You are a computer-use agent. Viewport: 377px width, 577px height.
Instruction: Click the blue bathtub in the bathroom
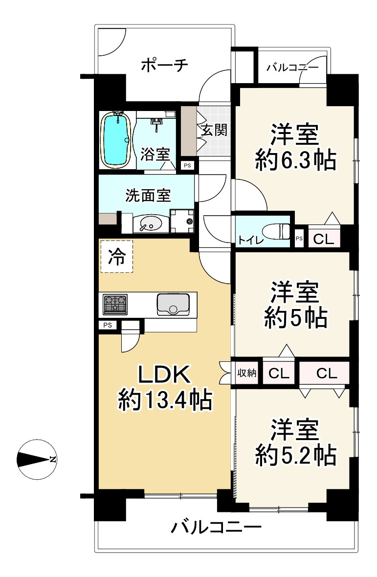coord(116,140)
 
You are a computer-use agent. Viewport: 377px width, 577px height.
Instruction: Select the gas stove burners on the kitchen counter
coord(115,304)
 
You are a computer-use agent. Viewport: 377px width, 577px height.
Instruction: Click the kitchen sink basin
coord(173,304)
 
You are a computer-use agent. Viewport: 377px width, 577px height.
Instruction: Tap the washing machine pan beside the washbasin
coord(182,221)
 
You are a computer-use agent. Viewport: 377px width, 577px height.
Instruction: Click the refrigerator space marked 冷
coord(116,257)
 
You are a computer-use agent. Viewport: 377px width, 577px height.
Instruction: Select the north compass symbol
coord(37,459)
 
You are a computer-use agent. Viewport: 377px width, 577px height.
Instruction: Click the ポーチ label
coord(164,66)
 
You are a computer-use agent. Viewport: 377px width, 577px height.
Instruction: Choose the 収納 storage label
coord(246,373)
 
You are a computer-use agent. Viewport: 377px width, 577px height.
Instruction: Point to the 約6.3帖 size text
coord(295,160)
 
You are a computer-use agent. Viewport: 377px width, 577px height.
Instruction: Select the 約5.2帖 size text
coord(295,455)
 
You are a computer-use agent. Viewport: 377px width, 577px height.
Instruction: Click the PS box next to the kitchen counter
coord(108,325)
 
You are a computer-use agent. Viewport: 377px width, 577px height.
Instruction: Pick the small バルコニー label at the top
coord(292,67)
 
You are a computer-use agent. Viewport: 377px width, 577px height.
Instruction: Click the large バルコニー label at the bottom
coord(216,528)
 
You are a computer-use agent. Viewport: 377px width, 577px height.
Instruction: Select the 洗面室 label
coord(148,196)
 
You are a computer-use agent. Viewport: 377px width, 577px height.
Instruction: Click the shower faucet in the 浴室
coord(157,123)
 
